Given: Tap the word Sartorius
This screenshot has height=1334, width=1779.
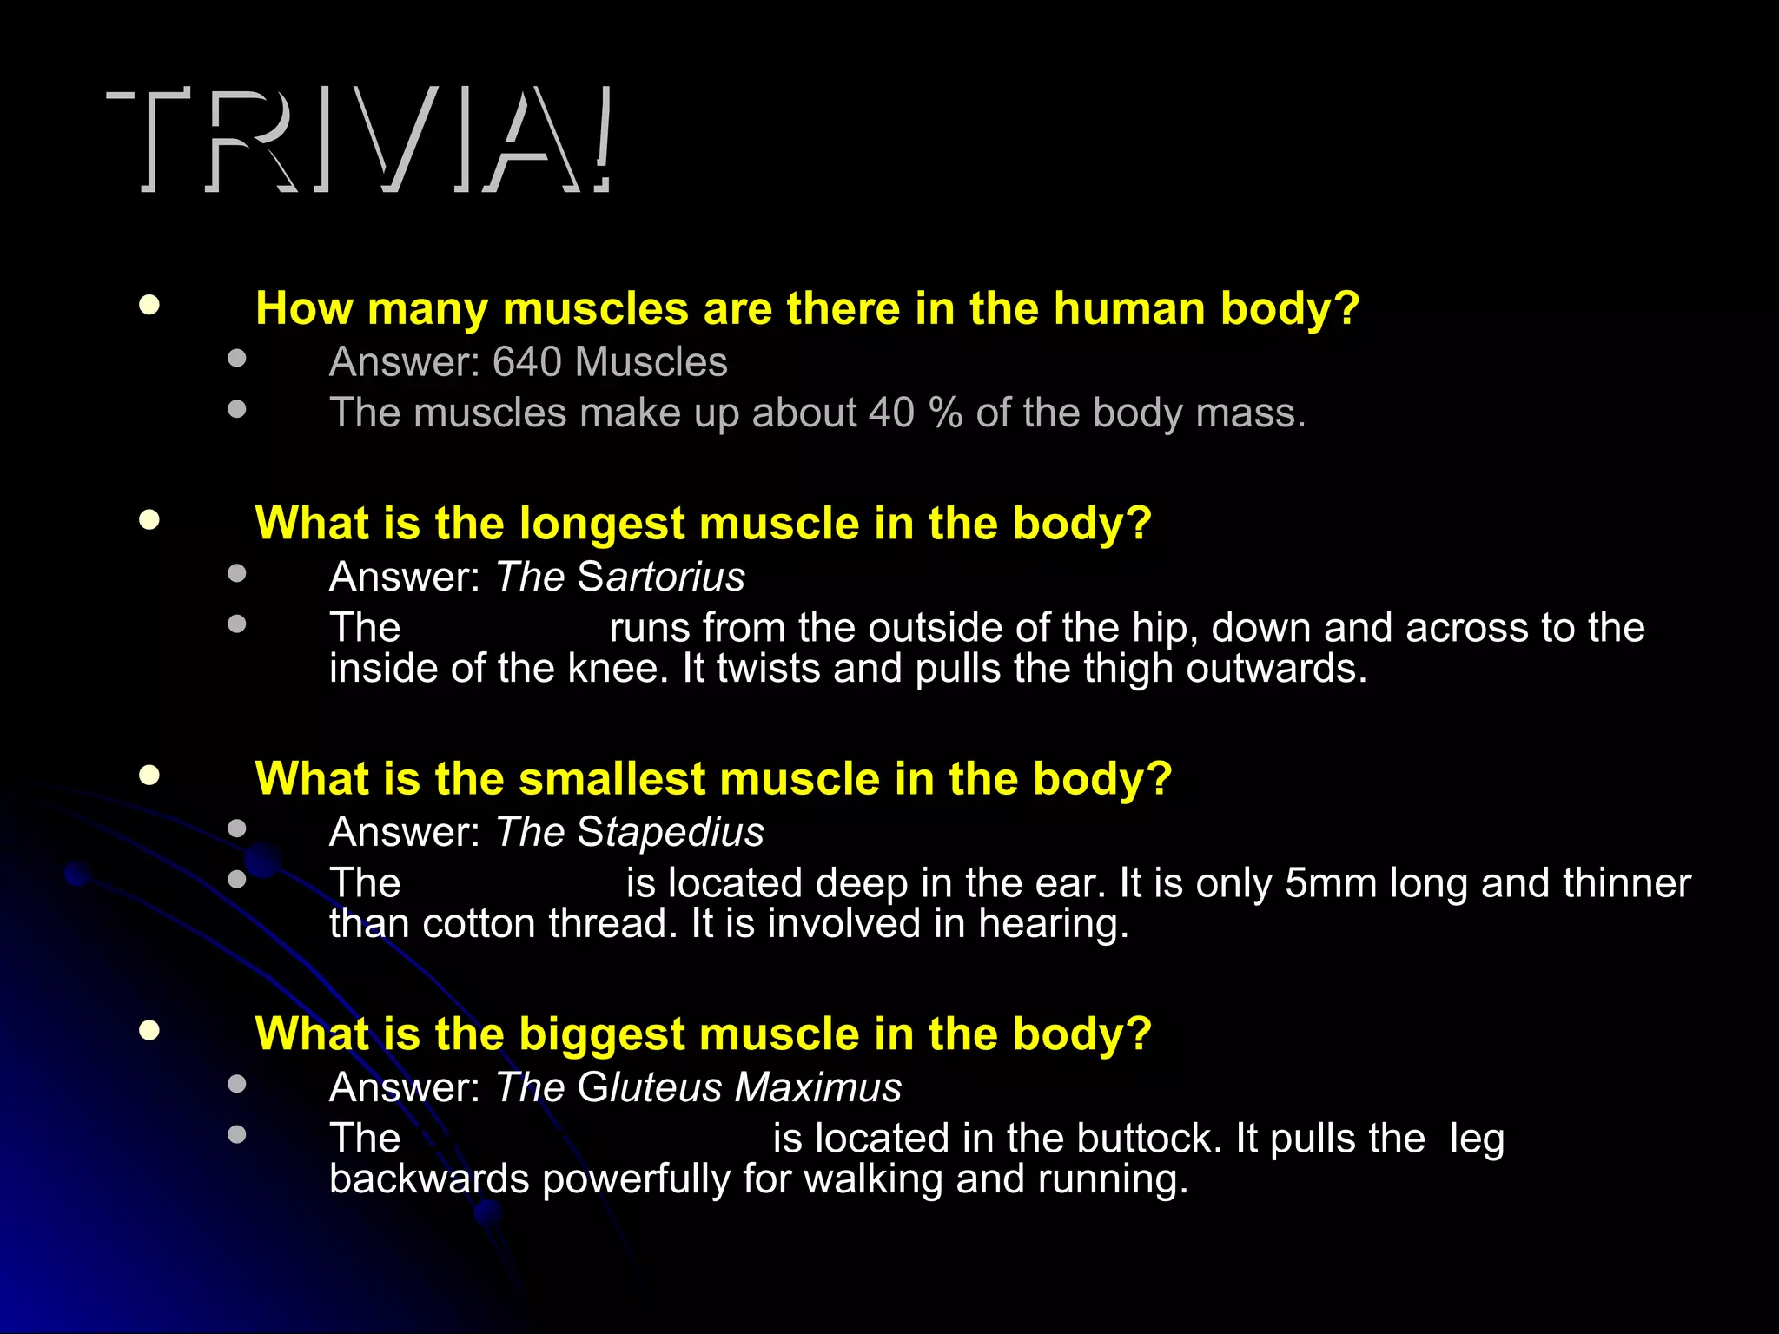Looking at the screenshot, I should point(661,577).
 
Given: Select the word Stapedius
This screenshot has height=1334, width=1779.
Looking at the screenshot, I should point(671,832).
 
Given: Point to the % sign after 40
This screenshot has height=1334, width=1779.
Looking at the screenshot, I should point(945,413).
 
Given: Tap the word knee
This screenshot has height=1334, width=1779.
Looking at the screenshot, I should point(618,669).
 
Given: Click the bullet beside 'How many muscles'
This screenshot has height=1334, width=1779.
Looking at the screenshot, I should point(149,305).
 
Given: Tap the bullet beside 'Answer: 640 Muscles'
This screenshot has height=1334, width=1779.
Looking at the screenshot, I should point(236,358).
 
